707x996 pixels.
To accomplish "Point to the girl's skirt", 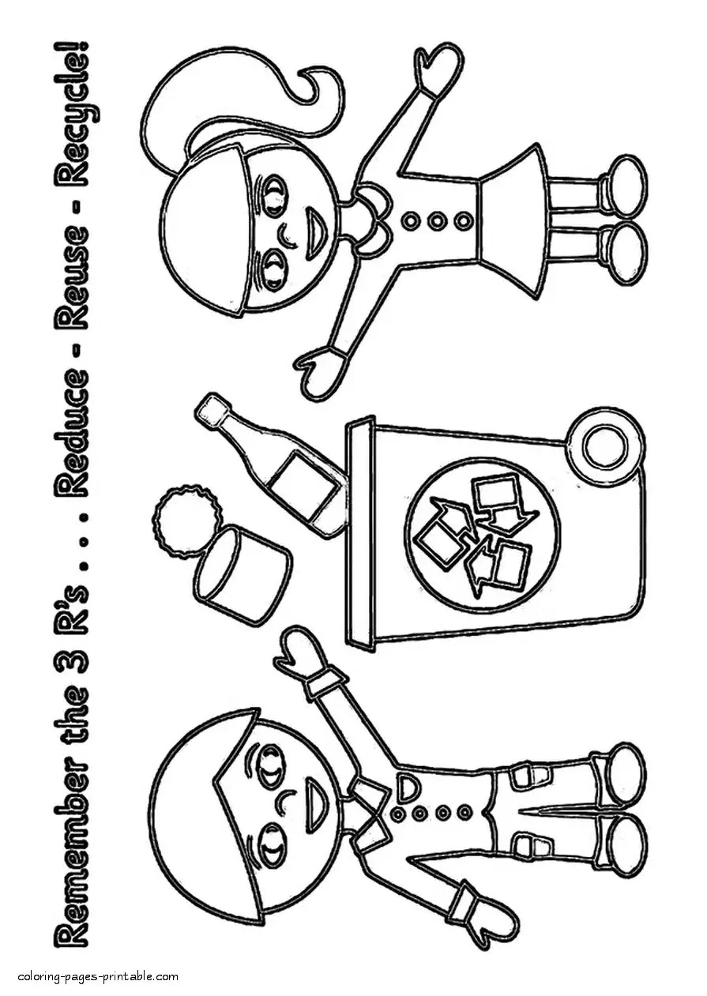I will (513, 221).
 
